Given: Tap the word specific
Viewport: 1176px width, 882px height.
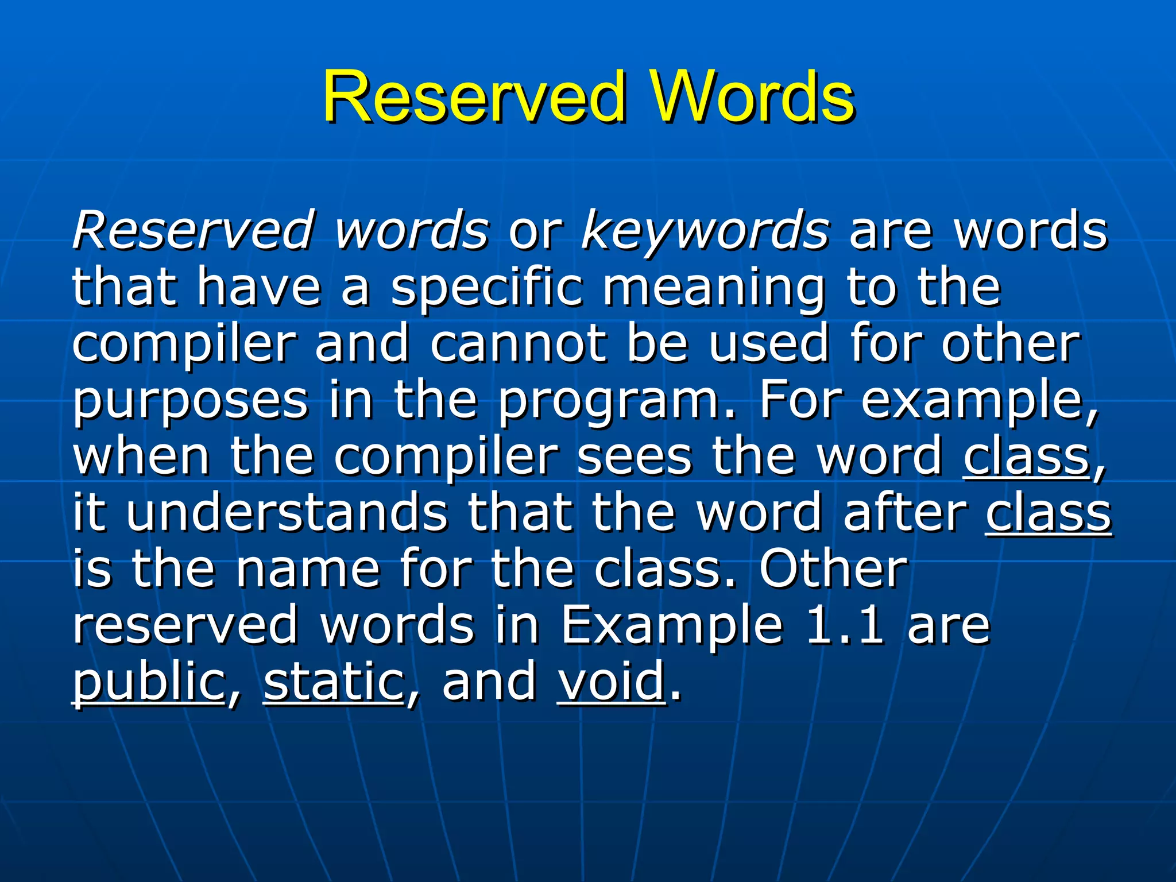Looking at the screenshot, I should point(487,289).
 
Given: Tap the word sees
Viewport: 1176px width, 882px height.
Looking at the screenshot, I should point(635,457).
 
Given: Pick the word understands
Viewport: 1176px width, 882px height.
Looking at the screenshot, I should point(287,512).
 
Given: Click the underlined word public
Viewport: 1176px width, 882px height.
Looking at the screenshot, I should point(149,682).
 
